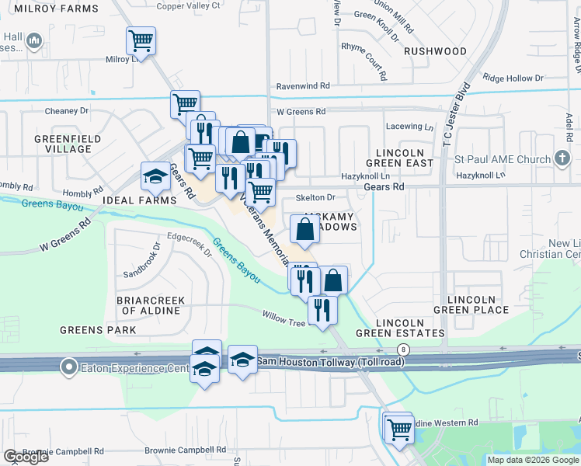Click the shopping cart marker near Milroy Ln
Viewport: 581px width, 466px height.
tap(141, 40)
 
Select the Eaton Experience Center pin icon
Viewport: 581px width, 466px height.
tap(70, 366)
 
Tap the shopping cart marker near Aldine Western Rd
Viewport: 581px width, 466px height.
tap(399, 427)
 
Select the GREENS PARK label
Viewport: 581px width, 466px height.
tap(99, 330)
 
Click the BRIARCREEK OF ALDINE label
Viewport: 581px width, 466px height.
tap(148, 305)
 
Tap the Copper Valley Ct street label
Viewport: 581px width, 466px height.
tap(190, 6)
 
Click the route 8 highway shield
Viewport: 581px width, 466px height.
tap(402, 350)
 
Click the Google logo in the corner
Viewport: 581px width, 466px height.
tap(25, 457)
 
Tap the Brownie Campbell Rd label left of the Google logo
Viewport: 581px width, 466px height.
tap(63, 451)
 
